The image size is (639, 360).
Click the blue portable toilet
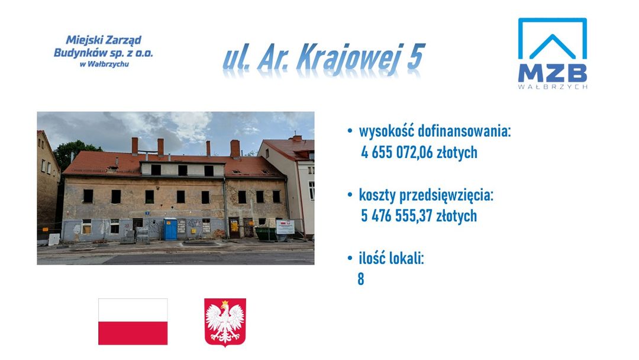click(170, 229)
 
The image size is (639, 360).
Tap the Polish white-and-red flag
click(133, 322)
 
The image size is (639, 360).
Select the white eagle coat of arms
click(225, 322)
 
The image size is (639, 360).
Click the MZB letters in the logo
click(552, 73)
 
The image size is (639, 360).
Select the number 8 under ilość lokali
click(361, 279)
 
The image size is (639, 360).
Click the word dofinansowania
click(464, 131)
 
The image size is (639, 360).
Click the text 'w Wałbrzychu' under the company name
click(104, 64)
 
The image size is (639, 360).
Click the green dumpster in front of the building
click(266, 233)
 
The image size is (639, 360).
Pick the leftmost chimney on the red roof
click(134, 146)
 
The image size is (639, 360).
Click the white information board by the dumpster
click(285, 227)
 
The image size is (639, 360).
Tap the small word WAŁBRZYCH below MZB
click(553, 87)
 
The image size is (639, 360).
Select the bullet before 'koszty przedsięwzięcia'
click(350, 194)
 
